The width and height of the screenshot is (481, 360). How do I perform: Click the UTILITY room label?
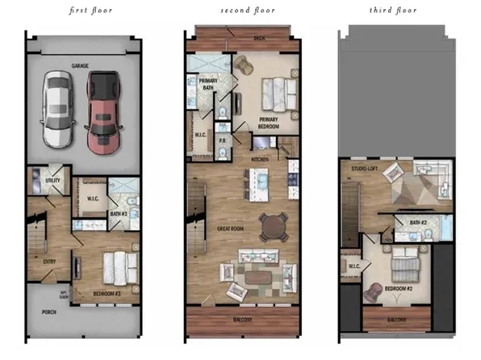click(x=53, y=182)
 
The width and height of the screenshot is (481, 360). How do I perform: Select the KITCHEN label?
click(x=260, y=160)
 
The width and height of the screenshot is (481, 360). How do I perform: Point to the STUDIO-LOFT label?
click(x=365, y=169)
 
